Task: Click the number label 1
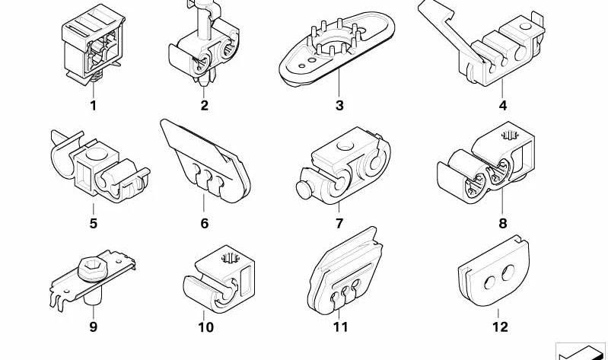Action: pyautogui.click(x=93, y=105)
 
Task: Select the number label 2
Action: pyautogui.click(x=205, y=105)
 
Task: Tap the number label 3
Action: pyautogui.click(x=339, y=105)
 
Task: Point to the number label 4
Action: pyautogui.click(x=502, y=105)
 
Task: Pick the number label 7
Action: pyautogui.click(x=339, y=224)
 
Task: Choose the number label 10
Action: pyautogui.click(x=206, y=327)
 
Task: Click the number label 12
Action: pyautogui.click(x=500, y=327)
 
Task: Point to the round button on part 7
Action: pyautogui.click(x=304, y=190)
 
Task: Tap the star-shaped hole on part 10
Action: pyautogui.click(x=230, y=257)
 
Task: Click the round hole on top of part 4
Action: pyautogui.click(x=525, y=27)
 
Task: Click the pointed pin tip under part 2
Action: pyautogui.click(x=204, y=81)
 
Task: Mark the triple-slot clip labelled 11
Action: pyautogui.click(x=346, y=271)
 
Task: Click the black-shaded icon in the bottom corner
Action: pyautogui.click(x=580, y=352)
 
